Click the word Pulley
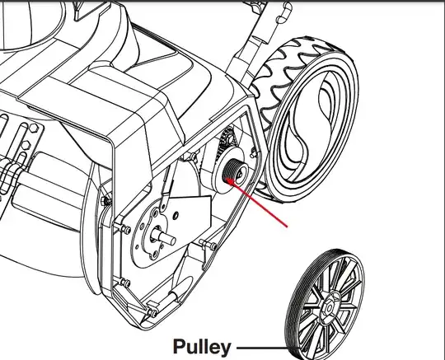(202, 347)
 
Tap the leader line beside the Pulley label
(262, 348)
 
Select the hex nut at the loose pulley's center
(329, 307)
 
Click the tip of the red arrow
(227, 179)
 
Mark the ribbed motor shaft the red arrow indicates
(232, 170)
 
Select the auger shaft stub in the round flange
(164, 237)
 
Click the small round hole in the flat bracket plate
(176, 216)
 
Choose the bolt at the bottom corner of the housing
(152, 311)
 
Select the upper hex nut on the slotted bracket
(34, 128)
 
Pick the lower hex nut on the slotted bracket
(26, 145)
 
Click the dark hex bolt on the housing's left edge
(105, 201)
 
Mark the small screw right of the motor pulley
(254, 153)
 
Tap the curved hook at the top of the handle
(285, 12)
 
